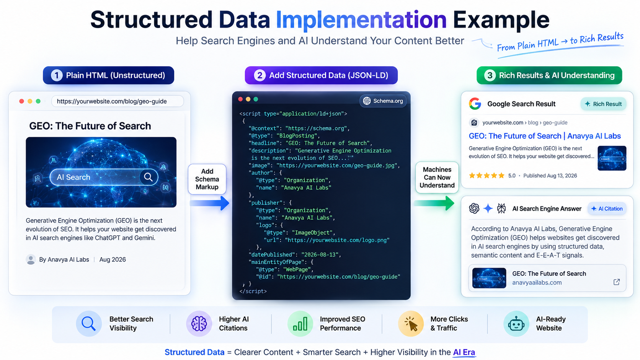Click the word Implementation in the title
[361, 20]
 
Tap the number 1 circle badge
[57, 75]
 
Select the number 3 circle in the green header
[490, 75]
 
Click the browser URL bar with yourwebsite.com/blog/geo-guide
[118, 101]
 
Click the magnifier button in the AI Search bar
[148, 177]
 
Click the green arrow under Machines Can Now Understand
[434, 203]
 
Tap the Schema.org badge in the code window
[383, 101]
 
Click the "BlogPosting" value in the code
[297, 135]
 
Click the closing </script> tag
[253, 291]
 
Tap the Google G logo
[475, 104]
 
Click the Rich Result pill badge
[603, 104]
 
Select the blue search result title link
[545, 136]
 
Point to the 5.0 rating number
[512, 176]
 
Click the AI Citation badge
[607, 209]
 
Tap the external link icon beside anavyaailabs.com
[617, 282]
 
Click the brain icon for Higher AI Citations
[199, 324]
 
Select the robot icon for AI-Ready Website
[516, 324]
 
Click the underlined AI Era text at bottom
[464, 352]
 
